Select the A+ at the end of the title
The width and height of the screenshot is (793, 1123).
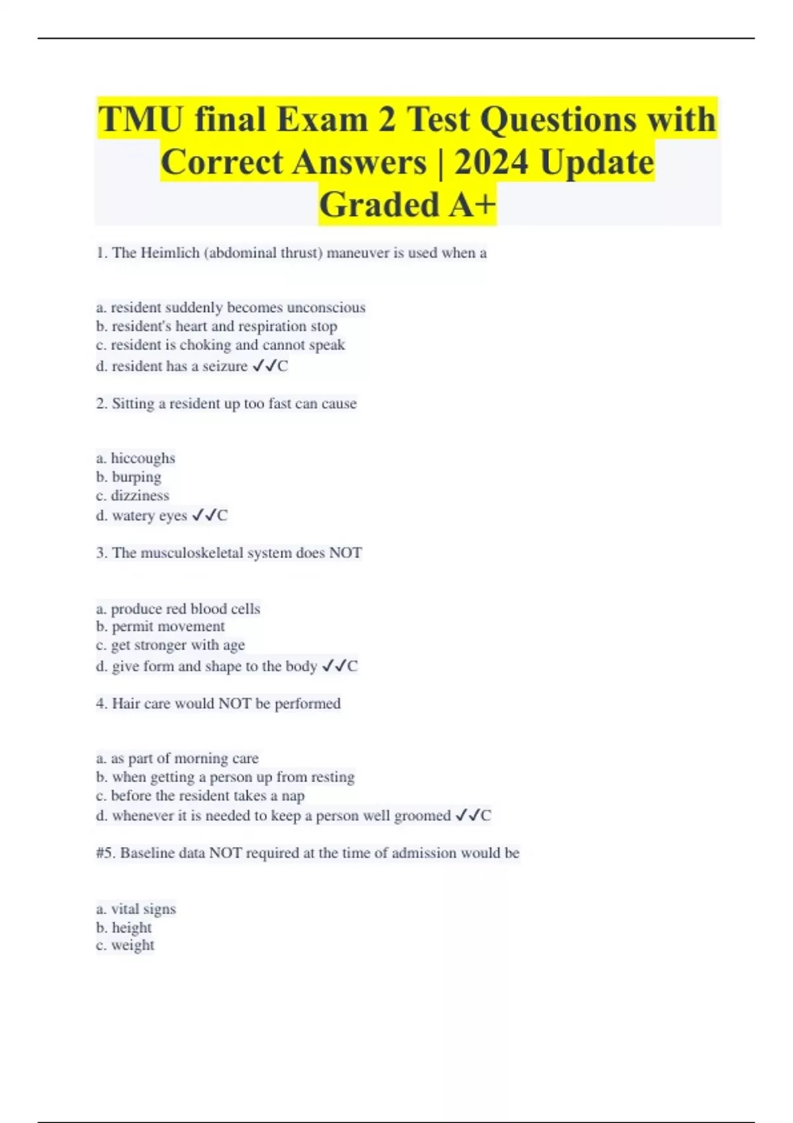472,205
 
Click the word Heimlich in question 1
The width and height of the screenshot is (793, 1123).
170,253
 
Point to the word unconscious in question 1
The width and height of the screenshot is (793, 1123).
326,308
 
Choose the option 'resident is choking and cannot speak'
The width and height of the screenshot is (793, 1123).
221,345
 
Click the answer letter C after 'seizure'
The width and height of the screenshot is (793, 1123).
283,366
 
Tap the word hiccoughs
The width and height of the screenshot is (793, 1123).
143,458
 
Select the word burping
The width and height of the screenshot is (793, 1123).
136,477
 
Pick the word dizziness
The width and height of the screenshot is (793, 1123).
139,495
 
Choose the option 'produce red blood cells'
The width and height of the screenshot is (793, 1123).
178,608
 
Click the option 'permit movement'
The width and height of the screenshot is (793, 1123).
161,626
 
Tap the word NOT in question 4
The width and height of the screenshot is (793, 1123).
234,704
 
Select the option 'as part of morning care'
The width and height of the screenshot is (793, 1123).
178,758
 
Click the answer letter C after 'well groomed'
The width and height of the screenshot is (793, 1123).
486,816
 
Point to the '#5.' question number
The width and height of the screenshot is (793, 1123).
106,853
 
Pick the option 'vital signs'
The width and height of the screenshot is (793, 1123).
137,909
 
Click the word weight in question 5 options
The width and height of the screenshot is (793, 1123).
132,945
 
